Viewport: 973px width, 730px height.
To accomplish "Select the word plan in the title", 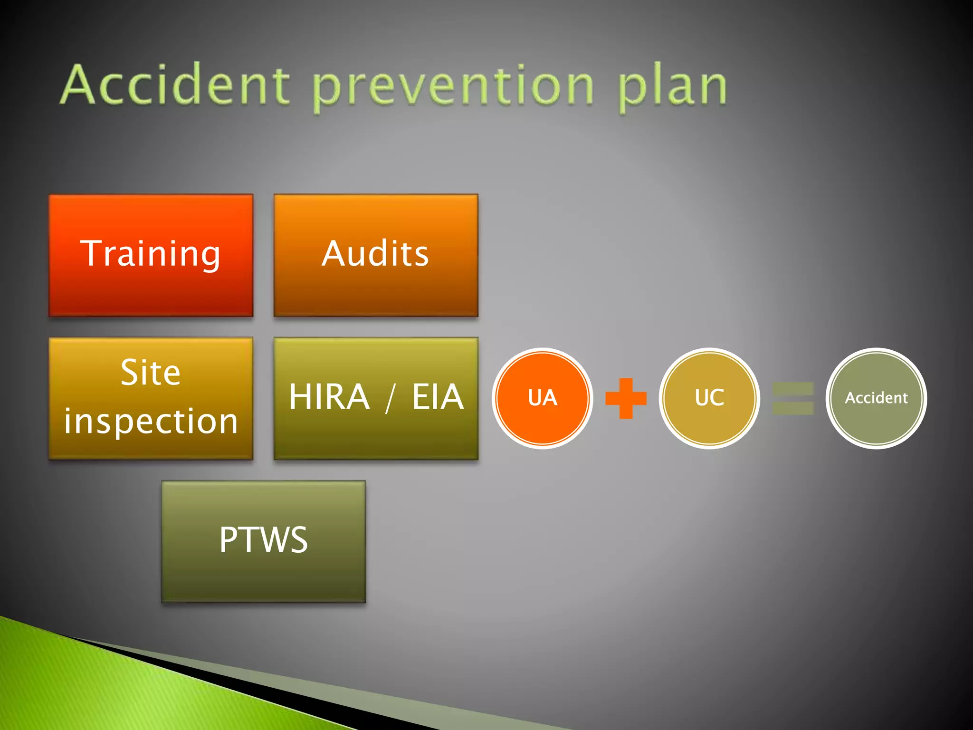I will (672, 87).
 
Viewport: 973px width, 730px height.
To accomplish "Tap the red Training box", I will (151, 255).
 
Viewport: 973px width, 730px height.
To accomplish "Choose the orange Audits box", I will (376, 255).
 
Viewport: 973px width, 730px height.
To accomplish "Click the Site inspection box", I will (151, 398).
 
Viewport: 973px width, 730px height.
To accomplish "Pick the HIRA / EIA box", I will (376, 398).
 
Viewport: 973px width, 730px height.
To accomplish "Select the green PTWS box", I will (263, 541).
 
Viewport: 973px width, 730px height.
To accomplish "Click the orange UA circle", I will (542, 398).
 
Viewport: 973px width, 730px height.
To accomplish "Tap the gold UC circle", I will (709, 398).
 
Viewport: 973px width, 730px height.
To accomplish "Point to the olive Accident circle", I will (876, 398).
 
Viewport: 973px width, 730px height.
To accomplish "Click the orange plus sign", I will (626, 398).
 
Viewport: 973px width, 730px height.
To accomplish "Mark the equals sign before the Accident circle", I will (793, 398).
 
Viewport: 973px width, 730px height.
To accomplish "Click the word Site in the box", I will (151, 373).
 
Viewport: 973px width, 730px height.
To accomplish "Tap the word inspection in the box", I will (151, 422).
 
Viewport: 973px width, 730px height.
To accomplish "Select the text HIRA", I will (329, 397).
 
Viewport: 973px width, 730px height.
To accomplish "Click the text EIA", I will (438, 397).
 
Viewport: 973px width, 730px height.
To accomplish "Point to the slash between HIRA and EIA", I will (391, 398).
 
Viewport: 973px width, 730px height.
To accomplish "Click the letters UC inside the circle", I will (709, 398).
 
